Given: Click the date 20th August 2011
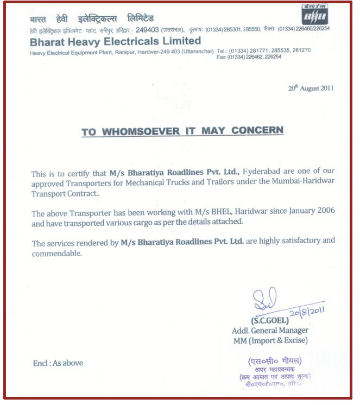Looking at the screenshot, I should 311,88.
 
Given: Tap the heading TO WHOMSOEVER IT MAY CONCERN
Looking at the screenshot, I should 182,131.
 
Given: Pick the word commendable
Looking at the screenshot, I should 56,253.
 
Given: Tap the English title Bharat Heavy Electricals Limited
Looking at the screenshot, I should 115,41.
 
